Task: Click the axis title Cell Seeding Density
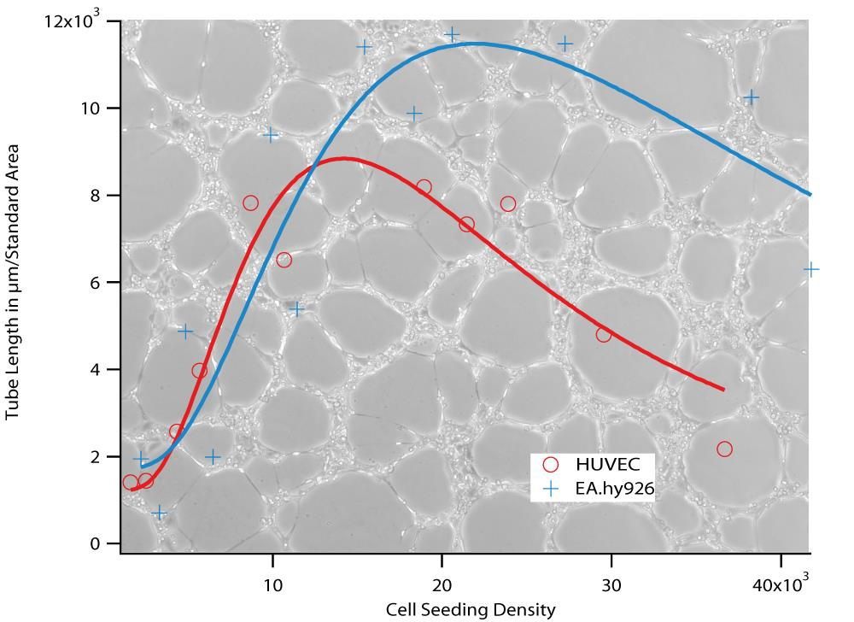pos(471,610)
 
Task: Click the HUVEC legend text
pos(602,464)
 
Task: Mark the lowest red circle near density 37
pos(724,449)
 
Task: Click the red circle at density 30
pos(604,335)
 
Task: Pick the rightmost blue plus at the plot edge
pos(810,269)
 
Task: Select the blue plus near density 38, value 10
pos(751,97)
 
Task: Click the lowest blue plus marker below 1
pos(159,513)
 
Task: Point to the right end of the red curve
pos(723,390)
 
